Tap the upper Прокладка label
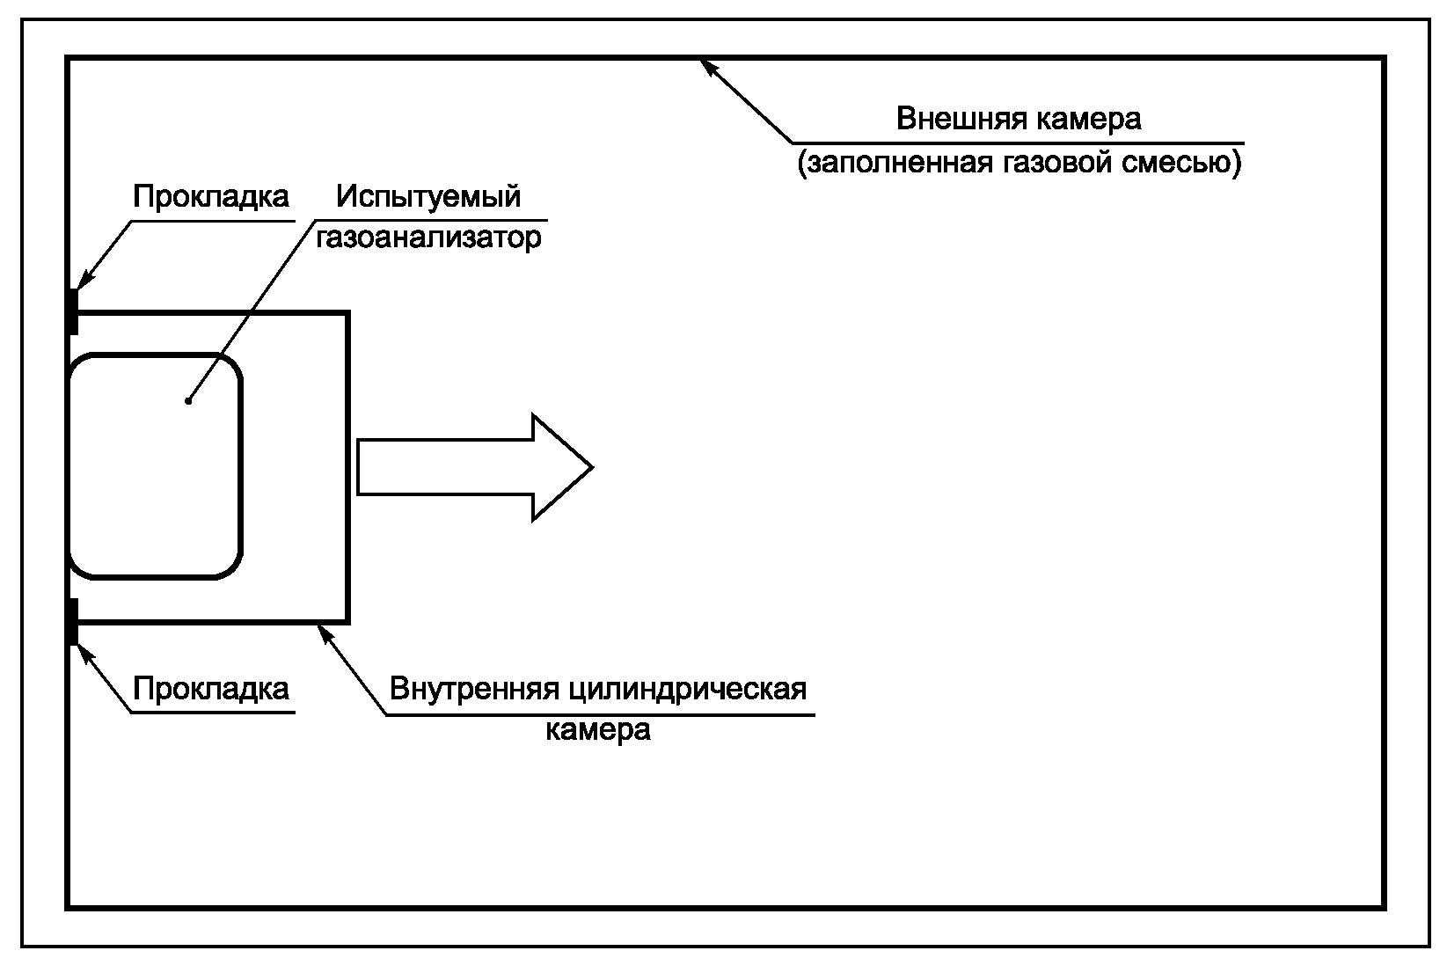[x=211, y=196]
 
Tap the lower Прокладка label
[x=211, y=688]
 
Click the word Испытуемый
[x=428, y=196]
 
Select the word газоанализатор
[x=428, y=238]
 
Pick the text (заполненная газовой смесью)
[x=1019, y=164]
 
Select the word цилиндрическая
[x=687, y=688]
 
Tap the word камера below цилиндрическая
[x=598, y=730]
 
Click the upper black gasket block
[x=73, y=311]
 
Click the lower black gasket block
[x=73, y=621]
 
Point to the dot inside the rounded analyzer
[x=188, y=401]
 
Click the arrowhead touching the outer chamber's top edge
[x=709, y=67]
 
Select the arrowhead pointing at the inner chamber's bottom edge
[x=325, y=633]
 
